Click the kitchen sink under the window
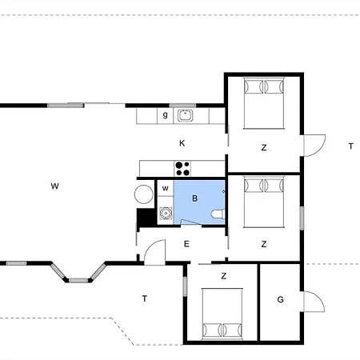(186, 115)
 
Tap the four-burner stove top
(182, 169)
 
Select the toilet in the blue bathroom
(218, 214)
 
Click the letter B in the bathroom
(195, 198)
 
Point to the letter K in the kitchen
(182, 143)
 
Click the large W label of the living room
(54, 186)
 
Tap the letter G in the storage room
(280, 299)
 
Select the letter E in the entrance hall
(186, 244)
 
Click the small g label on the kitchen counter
(166, 115)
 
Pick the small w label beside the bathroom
(166, 188)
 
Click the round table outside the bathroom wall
(144, 194)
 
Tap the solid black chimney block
(146, 217)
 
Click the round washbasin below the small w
(166, 214)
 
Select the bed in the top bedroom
(264, 103)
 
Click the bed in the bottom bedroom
(222, 314)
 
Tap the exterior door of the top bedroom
(314, 146)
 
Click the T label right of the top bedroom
(351, 146)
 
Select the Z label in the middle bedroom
(264, 244)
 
